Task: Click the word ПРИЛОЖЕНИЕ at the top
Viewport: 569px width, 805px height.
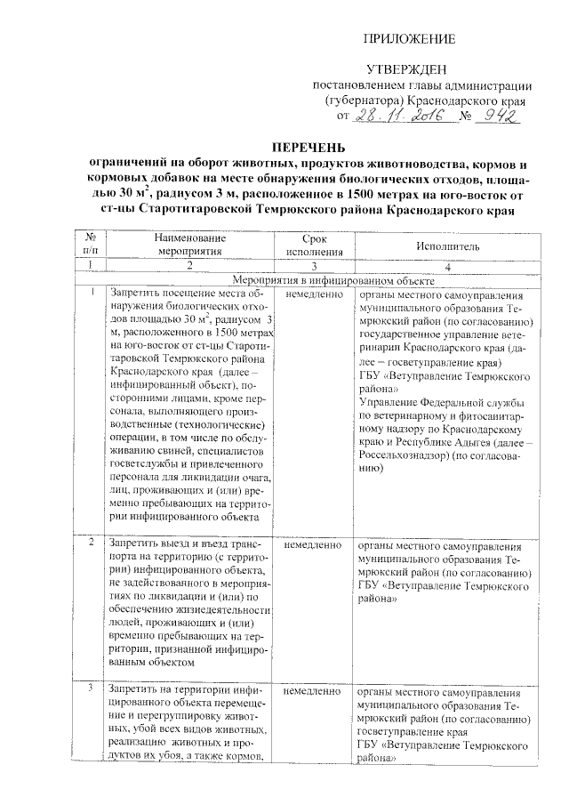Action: click(412, 40)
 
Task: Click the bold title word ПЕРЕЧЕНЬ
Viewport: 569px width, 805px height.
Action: click(303, 148)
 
